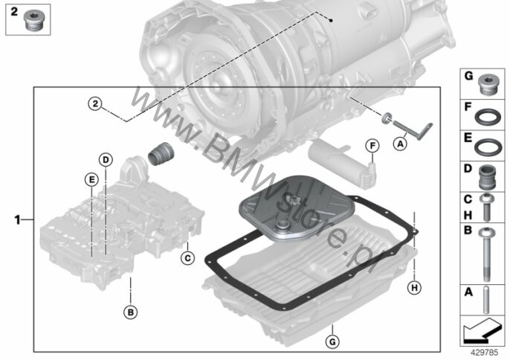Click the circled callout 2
95,104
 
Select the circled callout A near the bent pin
400,144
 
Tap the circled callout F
372,146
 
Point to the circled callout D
106,160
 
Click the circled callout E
91,179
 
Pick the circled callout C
187,258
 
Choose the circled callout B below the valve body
130,312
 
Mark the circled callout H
414,288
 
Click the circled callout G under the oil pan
332,341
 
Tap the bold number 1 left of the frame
18,220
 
